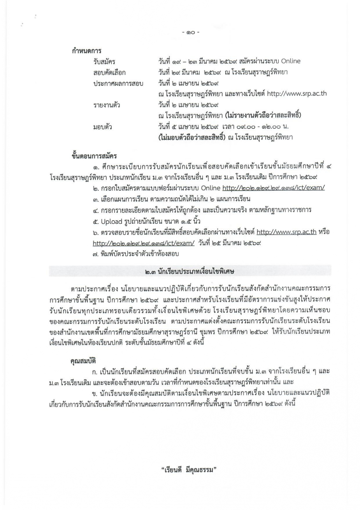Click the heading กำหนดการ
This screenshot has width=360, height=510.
[86, 51]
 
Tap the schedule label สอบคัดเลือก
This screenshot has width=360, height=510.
[109, 73]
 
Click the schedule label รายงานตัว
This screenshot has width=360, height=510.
[106, 105]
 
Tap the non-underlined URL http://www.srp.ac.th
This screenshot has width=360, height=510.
[297, 94]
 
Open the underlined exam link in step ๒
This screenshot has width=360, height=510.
[273, 188]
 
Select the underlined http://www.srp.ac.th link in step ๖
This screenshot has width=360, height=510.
[286, 232]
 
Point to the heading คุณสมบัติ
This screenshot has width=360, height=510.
[83, 361]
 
